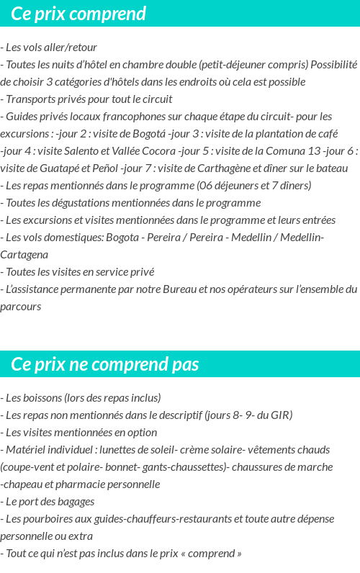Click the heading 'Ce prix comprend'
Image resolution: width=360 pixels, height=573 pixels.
coord(78,14)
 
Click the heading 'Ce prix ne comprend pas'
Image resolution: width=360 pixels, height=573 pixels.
coord(105,364)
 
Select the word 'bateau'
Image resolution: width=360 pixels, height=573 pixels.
coord(330,168)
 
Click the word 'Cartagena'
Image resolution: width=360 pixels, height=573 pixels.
coord(24,255)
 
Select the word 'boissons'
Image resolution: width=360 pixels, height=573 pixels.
coord(41,398)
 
